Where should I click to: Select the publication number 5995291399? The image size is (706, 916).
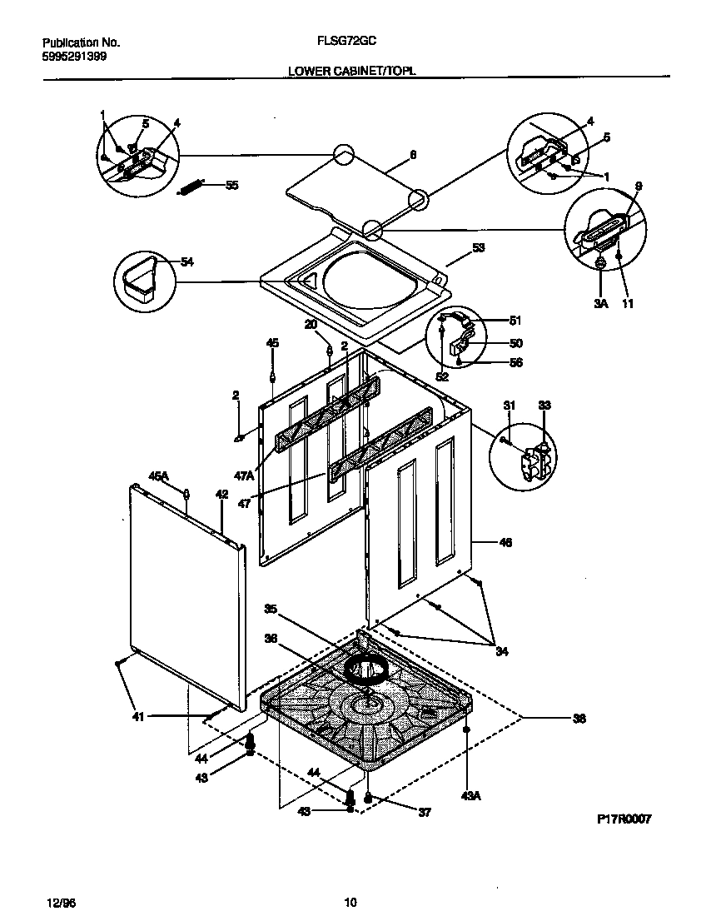(x=73, y=57)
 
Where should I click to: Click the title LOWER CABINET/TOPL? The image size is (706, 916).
(x=351, y=72)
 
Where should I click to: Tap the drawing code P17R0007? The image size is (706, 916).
(x=624, y=819)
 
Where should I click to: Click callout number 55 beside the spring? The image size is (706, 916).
(x=231, y=185)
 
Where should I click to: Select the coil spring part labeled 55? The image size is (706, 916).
(x=193, y=188)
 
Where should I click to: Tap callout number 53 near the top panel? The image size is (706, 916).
(x=478, y=247)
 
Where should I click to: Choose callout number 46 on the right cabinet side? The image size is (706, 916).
(x=505, y=542)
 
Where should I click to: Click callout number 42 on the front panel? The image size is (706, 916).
(x=221, y=494)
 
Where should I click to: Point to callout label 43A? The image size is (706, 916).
(x=471, y=796)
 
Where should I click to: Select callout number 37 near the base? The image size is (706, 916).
(x=424, y=812)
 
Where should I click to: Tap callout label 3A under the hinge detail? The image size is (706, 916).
(x=601, y=304)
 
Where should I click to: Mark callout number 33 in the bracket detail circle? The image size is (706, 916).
(x=544, y=406)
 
